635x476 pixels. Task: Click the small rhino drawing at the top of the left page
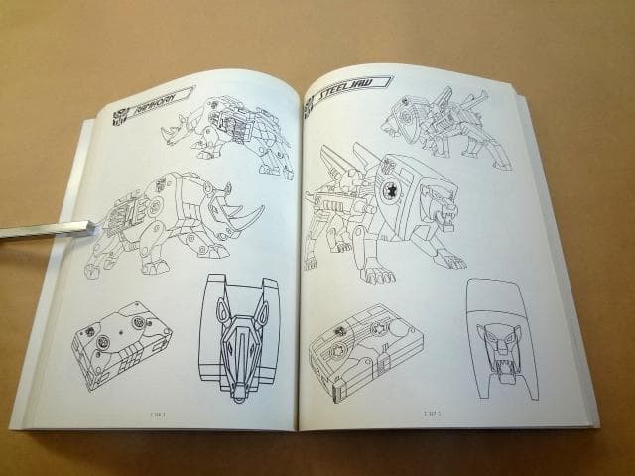[x=228, y=131]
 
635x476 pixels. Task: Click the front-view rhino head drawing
[x=239, y=337]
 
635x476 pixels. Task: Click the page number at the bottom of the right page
[x=432, y=412]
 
